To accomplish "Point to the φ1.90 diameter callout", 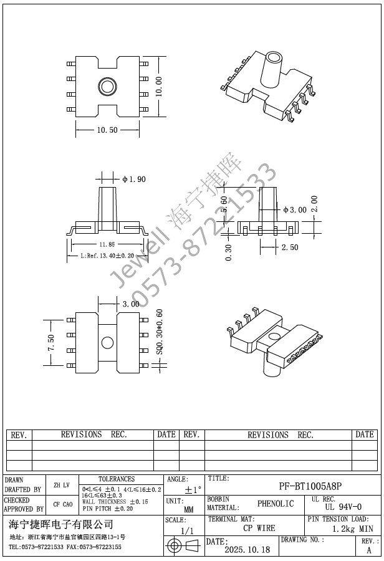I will coord(134,179).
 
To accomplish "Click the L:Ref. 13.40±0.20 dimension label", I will coord(107,256).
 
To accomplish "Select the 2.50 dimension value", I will coord(290,247).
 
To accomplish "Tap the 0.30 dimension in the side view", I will coord(228,252).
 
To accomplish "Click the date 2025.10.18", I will coord(247,550).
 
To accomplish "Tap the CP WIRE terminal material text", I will coord(259,528).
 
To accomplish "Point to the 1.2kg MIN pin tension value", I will coord(352,529).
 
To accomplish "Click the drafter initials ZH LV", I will coord(62,484).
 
